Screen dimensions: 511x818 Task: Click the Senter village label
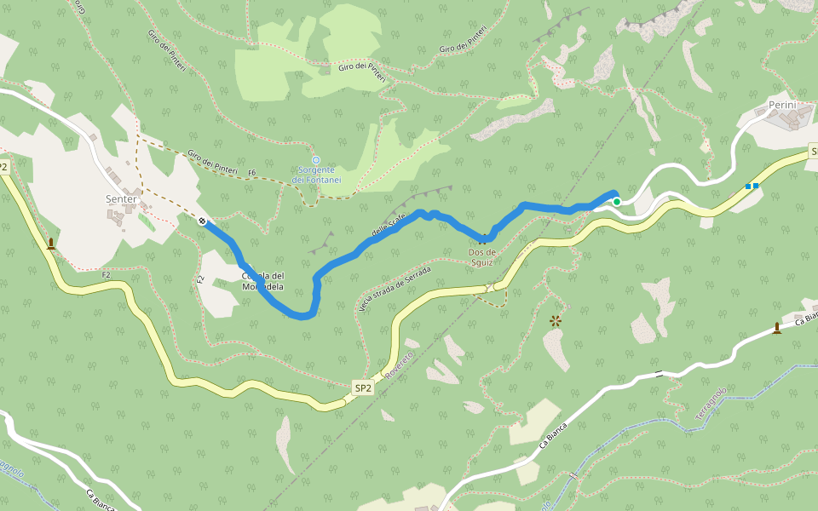120,199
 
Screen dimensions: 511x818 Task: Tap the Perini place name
781,105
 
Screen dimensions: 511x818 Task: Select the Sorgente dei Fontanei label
316,175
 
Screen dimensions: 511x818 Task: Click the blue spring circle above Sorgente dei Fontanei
316,160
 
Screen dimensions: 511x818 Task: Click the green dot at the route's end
616,202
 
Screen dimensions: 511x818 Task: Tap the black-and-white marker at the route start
202,221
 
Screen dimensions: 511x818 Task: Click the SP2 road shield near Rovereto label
363,388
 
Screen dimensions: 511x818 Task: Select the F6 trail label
252,173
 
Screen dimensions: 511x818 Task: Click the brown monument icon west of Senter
51,244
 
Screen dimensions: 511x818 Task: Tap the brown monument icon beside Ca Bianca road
776,327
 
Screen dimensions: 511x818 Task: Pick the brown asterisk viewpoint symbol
556,320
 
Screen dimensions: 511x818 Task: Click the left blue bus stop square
748,186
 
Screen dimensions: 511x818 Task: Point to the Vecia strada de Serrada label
395,289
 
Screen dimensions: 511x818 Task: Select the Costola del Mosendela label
262,280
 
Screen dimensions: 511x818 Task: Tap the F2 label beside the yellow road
107,275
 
